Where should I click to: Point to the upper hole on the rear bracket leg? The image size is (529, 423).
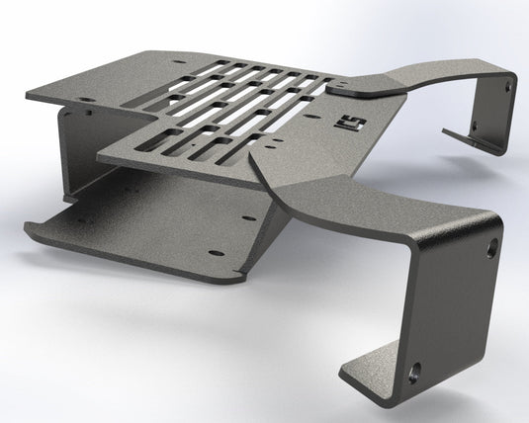click(507, 87)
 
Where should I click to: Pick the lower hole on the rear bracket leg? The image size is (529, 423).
click(476, 126)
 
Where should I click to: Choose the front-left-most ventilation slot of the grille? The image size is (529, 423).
click(164, 149)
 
